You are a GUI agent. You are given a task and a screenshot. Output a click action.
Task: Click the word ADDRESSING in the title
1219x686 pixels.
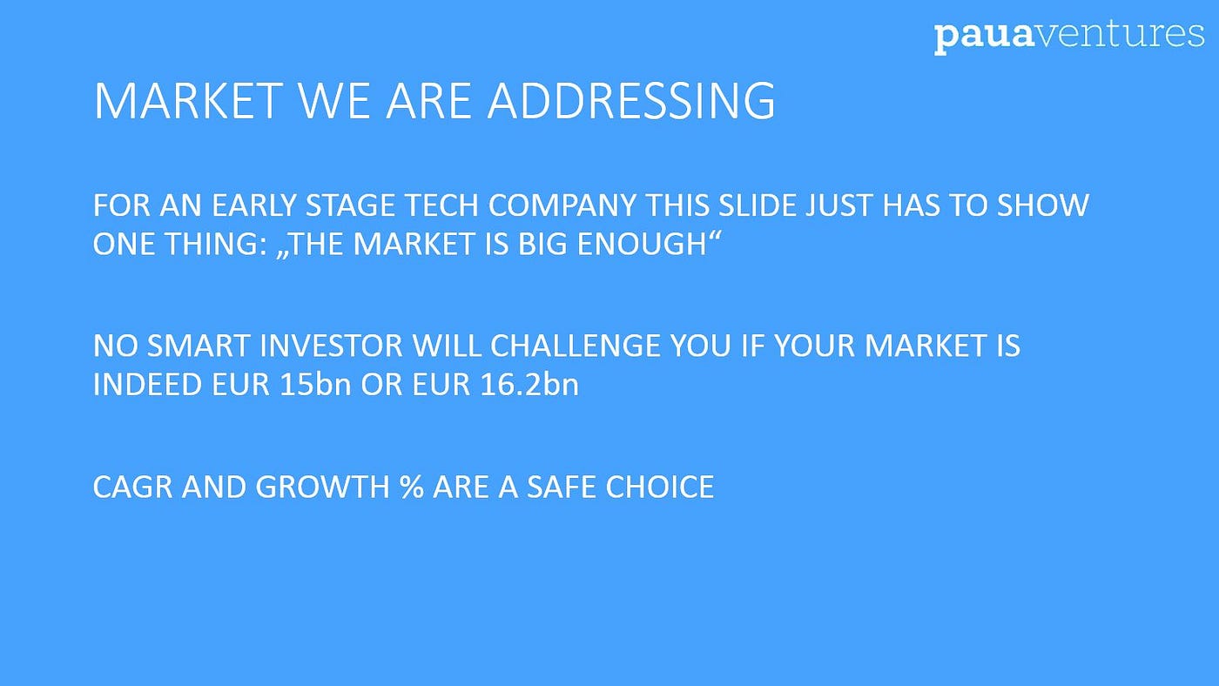630,101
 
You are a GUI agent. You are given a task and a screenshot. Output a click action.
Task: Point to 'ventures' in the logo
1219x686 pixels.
1119,34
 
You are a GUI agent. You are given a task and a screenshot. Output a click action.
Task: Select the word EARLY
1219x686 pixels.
253,205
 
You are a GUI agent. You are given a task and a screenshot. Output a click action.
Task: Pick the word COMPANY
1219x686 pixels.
562,205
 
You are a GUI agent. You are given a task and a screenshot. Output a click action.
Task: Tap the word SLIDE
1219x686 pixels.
757,205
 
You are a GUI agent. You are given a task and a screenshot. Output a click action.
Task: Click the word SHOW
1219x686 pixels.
1043,205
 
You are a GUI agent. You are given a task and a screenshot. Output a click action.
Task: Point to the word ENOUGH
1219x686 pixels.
642,244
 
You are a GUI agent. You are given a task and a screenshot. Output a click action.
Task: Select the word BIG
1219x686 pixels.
542,244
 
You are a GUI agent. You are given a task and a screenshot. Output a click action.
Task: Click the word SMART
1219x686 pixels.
199,346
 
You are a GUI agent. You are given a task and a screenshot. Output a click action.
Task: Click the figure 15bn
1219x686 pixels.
315,385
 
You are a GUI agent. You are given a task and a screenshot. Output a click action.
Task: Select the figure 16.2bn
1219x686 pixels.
529,385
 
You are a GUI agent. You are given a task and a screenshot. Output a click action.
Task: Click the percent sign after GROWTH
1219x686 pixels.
411,487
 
